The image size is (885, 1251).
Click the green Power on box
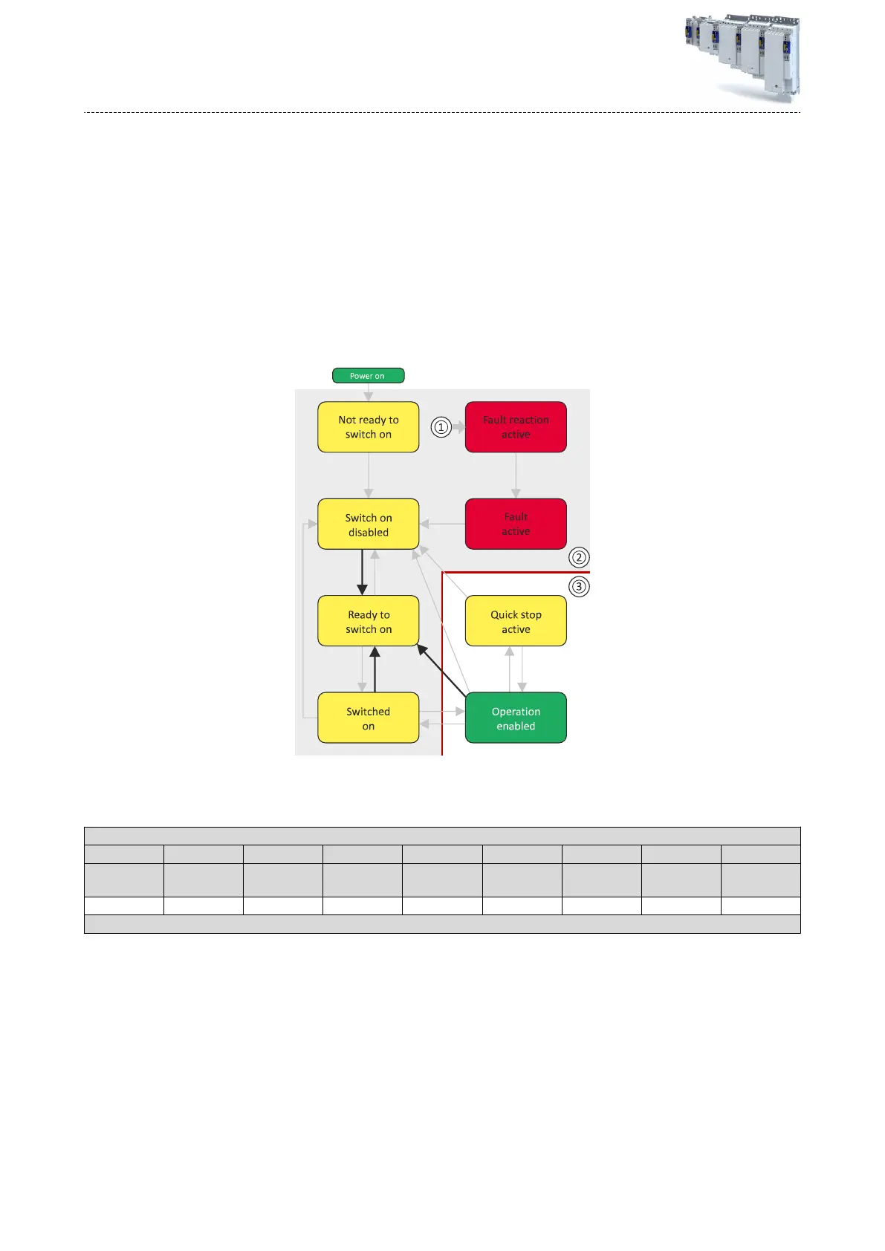pos(368,376)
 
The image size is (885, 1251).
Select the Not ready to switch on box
pos(368,427)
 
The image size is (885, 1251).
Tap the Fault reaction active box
pos(516,427)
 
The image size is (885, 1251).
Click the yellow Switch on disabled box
pos(368,524)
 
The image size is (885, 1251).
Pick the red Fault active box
pos(516,524)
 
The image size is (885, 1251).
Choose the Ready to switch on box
pos(368,621)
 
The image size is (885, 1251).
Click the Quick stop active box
pos(516,621)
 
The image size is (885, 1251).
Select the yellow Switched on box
pos(368,718)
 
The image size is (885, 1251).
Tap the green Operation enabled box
pos(516,718)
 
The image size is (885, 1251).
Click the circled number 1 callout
pos(441,427)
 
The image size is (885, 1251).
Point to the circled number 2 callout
pos(578,557)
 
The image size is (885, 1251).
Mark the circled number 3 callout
pos(578,586)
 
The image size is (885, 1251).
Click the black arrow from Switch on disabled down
pos(362,572)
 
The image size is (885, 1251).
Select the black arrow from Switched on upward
pos(375,669)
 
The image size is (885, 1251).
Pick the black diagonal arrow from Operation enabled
pos(442,670)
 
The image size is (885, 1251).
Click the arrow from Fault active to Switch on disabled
pos(442,524)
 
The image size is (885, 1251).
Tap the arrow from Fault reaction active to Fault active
pos(516,475)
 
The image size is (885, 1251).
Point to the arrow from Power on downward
pos(368,392)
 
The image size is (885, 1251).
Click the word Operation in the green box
pos(516,712)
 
